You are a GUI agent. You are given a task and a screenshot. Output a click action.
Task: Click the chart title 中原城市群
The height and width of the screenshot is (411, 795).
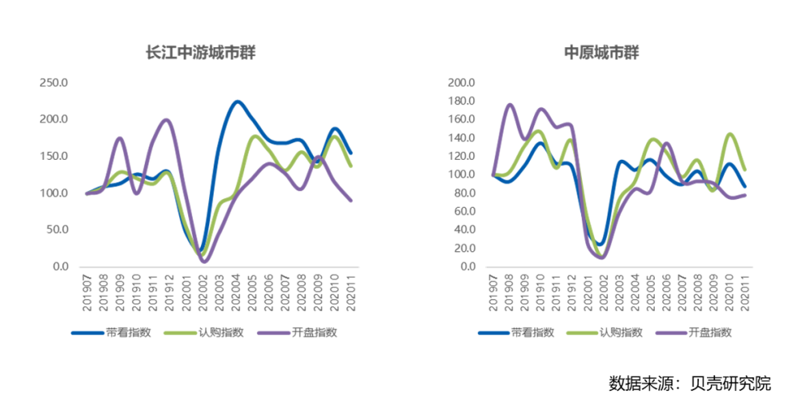[601, 53]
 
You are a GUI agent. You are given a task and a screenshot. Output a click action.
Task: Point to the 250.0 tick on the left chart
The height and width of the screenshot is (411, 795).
[54, 83]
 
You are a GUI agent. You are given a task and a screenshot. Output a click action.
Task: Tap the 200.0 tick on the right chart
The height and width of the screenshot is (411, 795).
[462, 83]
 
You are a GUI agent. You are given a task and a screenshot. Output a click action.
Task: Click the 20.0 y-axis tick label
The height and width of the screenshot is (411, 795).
[465, 248]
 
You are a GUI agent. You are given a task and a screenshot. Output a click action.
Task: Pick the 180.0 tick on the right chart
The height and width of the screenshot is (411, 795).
[462, 102]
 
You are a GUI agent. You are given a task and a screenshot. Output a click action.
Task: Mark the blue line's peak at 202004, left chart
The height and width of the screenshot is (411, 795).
[237, 102]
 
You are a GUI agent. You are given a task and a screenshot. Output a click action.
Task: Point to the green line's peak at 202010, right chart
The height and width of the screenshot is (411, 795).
[729, 134]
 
